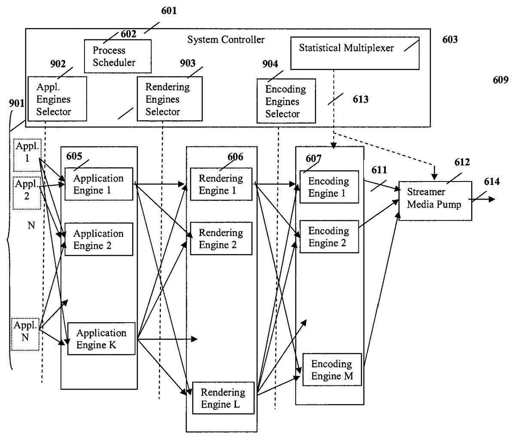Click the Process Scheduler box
click(x=117, y=56)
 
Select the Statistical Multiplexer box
click(x=354, y=54)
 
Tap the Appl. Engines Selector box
click(x=57, y=99)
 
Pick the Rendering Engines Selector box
click(x=170, y=99)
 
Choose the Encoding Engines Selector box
click(x=286, y=101)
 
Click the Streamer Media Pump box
click(x=435, y=200)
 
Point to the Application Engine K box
click(x=101, y=339)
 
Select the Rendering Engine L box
click(x=223, y=398)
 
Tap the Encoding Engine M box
click(x=332, y=370)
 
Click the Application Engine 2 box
click(x=99, y=239)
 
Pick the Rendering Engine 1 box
click(x=221, y=184)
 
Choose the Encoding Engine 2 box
click(x=329, y=236)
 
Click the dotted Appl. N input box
click(x=25, y=334)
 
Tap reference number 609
click(x=500, y=80)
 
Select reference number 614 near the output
click(x=491, y=182)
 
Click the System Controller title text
click(x=226, y=40)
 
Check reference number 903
click(x=188, y=64)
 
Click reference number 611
click(x=379, y=170)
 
